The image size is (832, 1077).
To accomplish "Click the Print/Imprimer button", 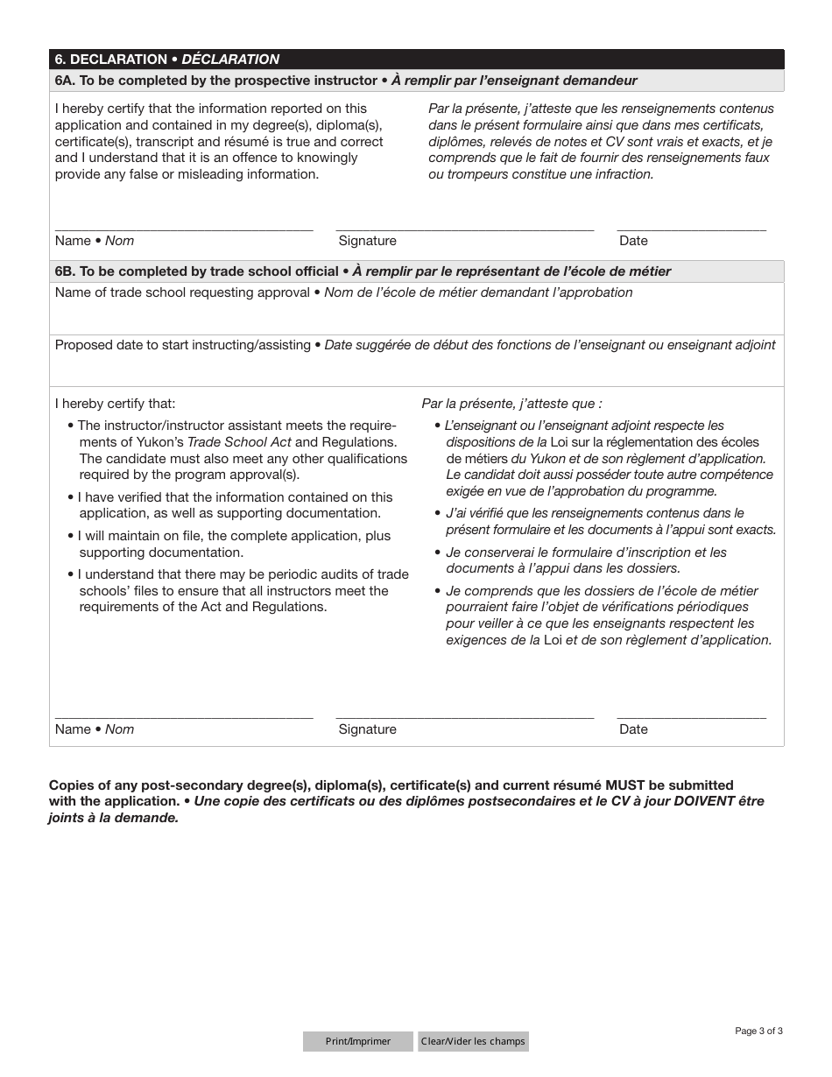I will coord(357,1041).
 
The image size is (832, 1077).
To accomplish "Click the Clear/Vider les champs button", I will coord(473,1041).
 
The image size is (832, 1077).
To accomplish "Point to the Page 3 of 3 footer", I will coord(758,1031).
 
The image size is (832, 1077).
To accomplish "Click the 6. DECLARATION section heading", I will coord(166,60).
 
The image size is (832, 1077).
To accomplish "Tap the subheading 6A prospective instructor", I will coord(346,81).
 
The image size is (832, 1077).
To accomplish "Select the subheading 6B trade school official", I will coord(363,271).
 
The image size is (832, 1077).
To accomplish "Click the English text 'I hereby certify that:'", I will coord(115,404).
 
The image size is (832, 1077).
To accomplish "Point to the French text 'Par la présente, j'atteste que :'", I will coord(511,404).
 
